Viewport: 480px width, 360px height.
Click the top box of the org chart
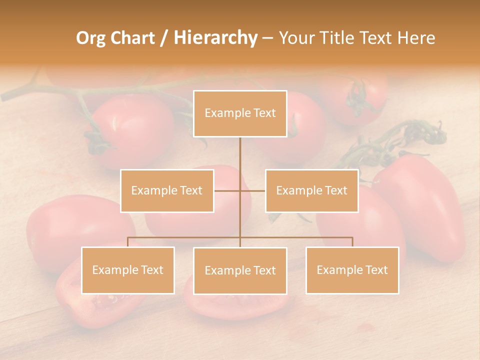tap(240, 113)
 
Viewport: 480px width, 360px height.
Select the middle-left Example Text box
tap(167, 190)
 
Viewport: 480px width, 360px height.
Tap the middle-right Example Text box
tap(311, 190)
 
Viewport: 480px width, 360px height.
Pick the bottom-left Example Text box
tap(128, 270)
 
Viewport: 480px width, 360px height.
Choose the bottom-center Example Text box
tap(240, 270)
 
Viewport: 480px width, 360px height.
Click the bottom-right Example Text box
tap(352, 270)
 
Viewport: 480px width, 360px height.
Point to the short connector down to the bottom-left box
tap(128, 242)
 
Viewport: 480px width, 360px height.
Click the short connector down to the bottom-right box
tap(352, 242)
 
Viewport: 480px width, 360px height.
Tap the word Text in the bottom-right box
tap(376, 270)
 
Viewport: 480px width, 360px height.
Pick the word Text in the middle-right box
tap(336, 190)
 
